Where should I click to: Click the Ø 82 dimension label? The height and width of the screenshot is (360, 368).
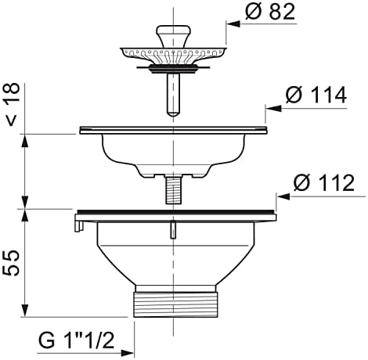[x=270, y=12]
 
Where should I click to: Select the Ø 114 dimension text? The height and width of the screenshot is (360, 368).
[x=316, y=95]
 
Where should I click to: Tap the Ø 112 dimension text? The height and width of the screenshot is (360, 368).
[x=324, y=183]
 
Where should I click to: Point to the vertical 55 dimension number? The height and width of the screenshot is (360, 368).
[x=11, y=263]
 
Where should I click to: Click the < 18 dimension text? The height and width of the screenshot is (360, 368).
[x=13, y=104]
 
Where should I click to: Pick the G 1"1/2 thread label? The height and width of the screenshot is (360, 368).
[x=77, y=340]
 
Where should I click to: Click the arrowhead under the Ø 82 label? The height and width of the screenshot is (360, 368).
[x=233, y=24]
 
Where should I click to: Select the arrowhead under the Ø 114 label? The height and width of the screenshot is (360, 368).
[x=273, y=108]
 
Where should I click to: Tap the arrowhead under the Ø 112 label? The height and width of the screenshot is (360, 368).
[x=283, y=196]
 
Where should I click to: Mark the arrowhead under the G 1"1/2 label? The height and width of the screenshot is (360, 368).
[x=127, y=354]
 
